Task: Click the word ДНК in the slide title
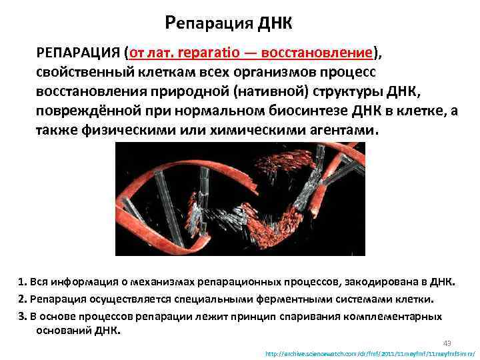pyautogui.click(x=273, y=24)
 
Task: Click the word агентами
pyautogui.click(x=346, y=130)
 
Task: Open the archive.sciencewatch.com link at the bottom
pyautogui.click(x=369, y=353)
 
